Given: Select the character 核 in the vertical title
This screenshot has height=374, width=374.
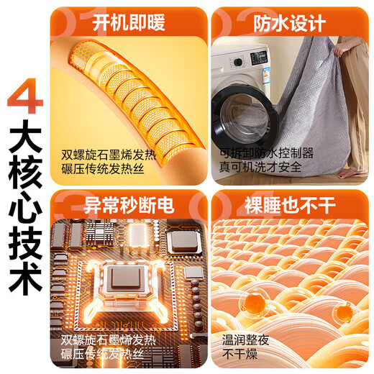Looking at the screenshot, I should (24, 178).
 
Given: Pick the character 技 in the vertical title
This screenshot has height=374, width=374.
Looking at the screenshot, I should (24, 249).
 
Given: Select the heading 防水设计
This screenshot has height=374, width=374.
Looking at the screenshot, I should (287, 23).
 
